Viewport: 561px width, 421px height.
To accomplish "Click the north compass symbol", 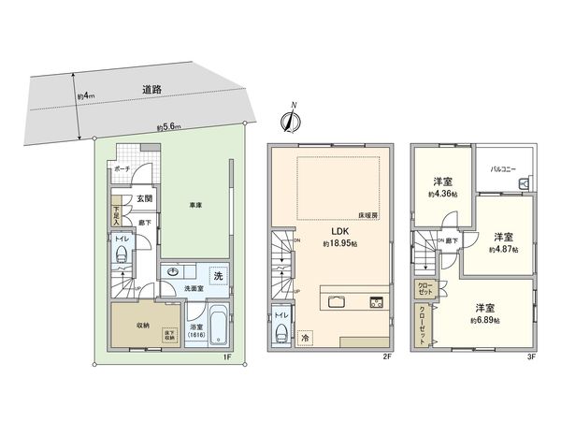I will [290, 119].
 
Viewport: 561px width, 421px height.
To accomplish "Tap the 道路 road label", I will [152, 90].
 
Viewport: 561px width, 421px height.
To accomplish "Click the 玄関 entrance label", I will [133, 197].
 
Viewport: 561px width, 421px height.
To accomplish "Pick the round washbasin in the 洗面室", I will [172, 274].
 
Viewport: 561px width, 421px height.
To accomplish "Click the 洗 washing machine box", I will [216, 276].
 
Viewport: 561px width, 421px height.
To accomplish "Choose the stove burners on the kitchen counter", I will [377, 302].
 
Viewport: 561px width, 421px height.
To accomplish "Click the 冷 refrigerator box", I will [305, 337].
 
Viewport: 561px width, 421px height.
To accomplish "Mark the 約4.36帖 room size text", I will [443, 194].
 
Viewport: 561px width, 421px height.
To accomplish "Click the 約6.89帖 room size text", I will [484, 320].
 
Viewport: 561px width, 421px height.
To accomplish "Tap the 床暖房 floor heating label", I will [367, 214].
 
